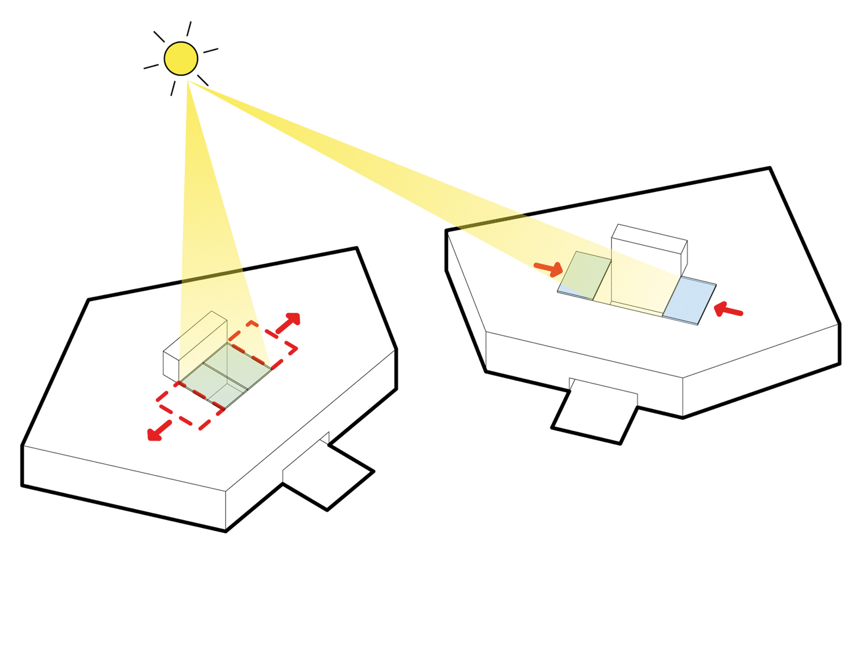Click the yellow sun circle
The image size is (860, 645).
(x=181, y=59)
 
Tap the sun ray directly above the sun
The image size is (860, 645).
(x=189, y=29)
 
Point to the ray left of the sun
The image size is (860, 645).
(x=151, y=67)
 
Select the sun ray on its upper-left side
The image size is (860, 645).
(x=159, y=37)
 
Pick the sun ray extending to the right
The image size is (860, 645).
(x=211, y=51)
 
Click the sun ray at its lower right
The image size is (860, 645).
(x=203, y=81)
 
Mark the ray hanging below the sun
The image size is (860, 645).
(x=173, y=88)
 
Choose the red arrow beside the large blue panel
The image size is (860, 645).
(x=728, y=310)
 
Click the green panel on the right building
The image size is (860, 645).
(x=585, y=275)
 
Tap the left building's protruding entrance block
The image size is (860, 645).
(x=328, y=475)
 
